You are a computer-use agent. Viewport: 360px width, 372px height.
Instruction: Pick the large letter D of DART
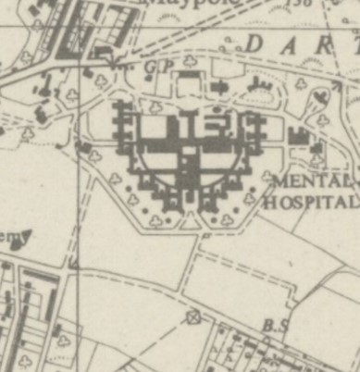[x=256, y=42]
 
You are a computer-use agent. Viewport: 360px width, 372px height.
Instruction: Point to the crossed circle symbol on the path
[x=193, y=318]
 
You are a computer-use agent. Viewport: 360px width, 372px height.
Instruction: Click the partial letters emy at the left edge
[x=11, y=234]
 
